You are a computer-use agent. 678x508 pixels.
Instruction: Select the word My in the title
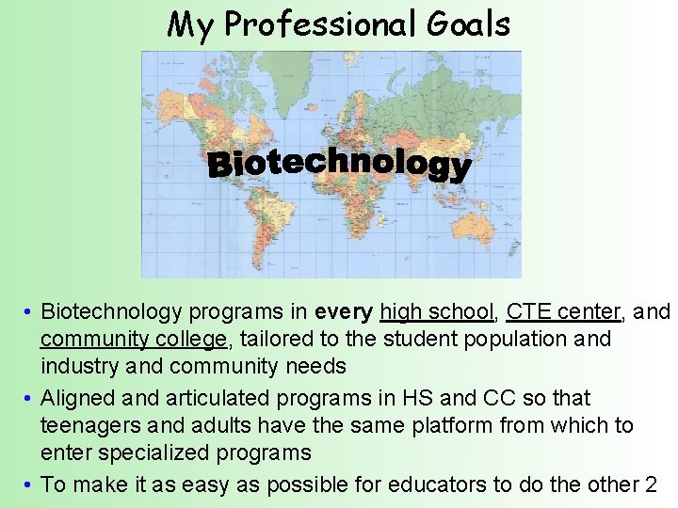[x=190, y=24]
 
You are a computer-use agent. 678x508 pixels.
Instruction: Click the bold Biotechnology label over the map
[x=339, y=165]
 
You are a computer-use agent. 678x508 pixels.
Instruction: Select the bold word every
[x=344, y=311]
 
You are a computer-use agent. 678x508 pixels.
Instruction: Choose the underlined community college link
[x=134, y=339]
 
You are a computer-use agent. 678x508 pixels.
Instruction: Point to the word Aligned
[x=79, y=398]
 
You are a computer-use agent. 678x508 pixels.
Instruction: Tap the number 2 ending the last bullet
[x=650, y=484]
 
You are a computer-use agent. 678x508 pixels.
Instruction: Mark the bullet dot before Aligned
[x=31, y=399]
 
